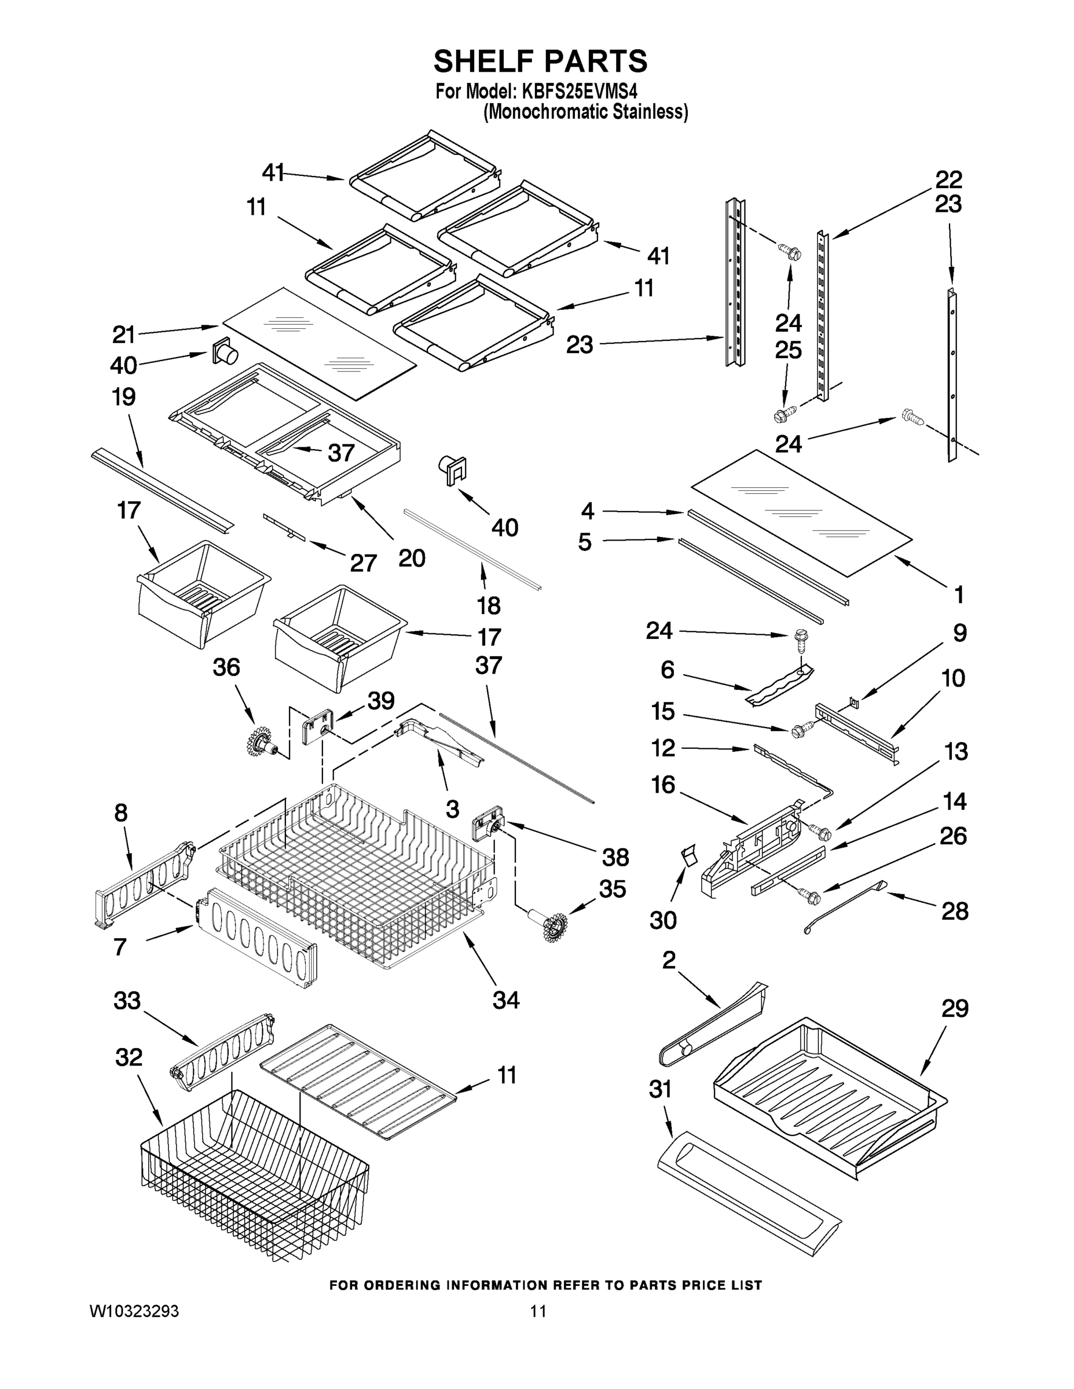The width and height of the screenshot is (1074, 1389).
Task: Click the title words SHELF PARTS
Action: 540,62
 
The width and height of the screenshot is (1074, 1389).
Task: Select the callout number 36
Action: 226,667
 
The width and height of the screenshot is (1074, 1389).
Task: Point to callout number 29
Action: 954,1009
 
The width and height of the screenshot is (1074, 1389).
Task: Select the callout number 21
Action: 123,334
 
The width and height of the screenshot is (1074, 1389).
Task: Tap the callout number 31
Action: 660,1089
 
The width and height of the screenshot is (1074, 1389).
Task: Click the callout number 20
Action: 412,558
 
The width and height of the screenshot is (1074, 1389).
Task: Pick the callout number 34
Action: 506,1001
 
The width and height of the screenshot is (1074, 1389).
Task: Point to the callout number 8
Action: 121,813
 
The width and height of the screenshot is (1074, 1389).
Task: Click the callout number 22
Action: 948,180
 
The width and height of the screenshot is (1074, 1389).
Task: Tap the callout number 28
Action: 954,911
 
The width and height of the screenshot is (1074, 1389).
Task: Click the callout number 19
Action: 123,397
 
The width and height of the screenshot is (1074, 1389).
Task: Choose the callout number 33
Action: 127,1001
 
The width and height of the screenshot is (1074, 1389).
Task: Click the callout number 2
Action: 668,960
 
